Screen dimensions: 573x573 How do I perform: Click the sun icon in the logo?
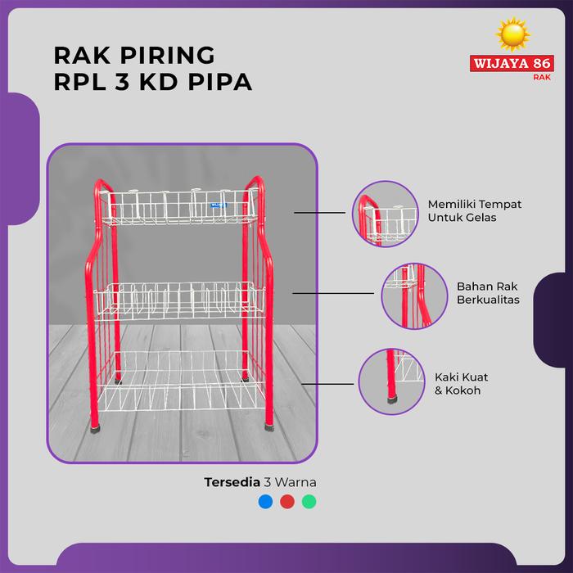[513, 35]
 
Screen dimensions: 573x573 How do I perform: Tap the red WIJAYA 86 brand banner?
[514, 64]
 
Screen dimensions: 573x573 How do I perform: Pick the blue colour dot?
[264, 502]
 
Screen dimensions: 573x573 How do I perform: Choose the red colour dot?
[286, 502]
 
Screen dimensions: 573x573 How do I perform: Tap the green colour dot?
[308, 502]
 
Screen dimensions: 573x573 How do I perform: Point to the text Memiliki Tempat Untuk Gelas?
[463, 210]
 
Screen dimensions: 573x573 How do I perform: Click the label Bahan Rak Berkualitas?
[488, 293]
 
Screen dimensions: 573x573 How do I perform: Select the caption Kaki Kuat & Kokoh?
[481, 384]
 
